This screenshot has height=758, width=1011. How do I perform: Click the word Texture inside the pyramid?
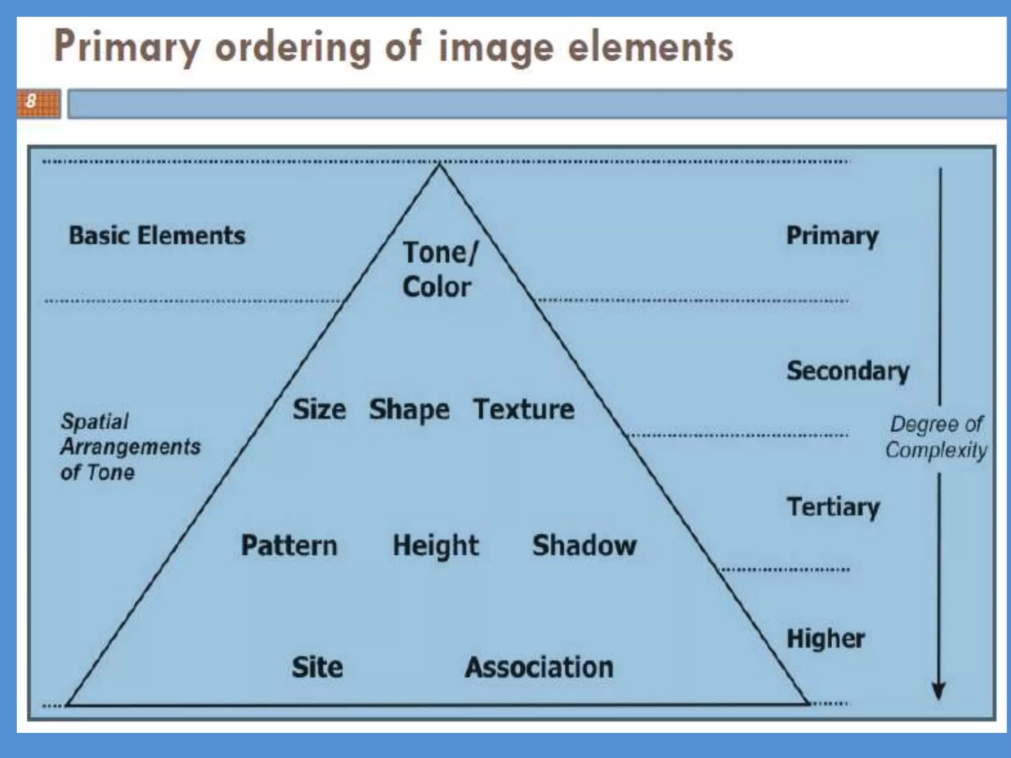(x=524, y=410)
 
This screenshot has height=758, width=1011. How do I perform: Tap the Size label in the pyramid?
(x=319, y=410)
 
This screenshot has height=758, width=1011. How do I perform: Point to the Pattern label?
(x=289, y=546)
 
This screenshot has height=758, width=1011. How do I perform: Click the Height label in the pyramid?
(x=435, y=546)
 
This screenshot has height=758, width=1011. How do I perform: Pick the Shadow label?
(x=584, y=546)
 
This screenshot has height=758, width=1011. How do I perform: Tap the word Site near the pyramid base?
(x=317, y=667)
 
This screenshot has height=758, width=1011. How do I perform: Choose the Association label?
(x=539, y=667)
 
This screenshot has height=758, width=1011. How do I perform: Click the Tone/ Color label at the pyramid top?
(x=438, y=269)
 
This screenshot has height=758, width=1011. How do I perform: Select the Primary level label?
(x=832, y=236)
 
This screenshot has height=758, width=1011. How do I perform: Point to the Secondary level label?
(x=848, y=371)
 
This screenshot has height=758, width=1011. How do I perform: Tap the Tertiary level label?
(x=833, y=507)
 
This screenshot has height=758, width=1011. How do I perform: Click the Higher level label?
(x=825, y=639)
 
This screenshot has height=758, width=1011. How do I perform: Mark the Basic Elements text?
(x=157, y=235)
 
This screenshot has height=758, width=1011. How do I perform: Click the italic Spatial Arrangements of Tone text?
(x=130, y=447)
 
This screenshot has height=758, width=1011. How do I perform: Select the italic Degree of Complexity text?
(x=936, y=437)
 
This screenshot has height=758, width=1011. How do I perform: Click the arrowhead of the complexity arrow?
(x=938, y=691)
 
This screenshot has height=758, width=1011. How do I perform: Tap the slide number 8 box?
(x=39, y=103)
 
